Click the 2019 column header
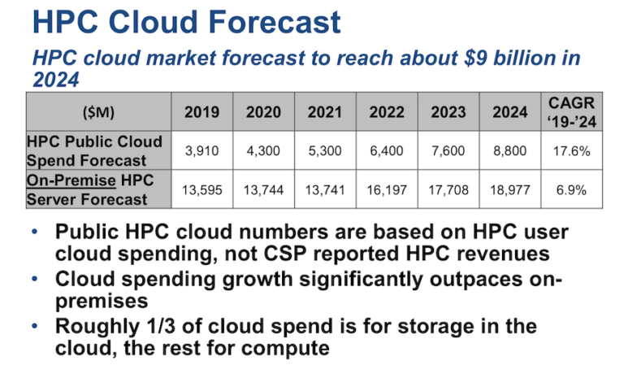click(201, 112)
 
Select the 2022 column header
click(387, 112)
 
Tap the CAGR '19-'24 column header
click(571, 112)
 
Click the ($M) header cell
click(98, 112)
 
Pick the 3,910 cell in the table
click(201, 151)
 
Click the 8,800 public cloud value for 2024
click(509, 151)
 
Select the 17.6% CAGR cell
click(571, 151)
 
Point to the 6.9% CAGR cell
click(571, 190)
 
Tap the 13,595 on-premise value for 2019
click(201, 190)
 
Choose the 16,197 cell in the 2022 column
click(387, 190)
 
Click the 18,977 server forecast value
click(509, 190)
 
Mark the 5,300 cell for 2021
click(325, 151)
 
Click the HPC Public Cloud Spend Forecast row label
click(95, 151)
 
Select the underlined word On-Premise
click(71, 180)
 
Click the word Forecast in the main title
click(275, 22)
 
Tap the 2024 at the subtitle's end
click(56, 80)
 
